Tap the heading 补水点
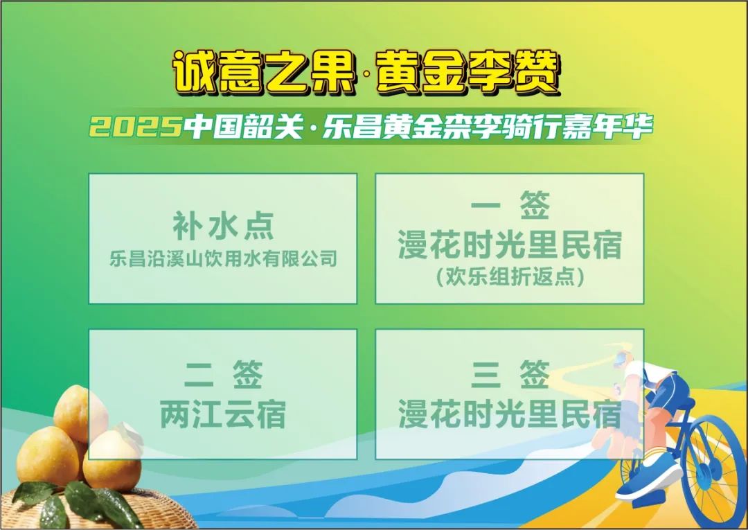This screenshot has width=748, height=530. click(223, 224)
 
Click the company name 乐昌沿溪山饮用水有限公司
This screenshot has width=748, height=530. click(223, 259)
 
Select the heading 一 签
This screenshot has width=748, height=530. click(510, 206)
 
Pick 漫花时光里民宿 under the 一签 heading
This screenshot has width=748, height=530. click(510, 245)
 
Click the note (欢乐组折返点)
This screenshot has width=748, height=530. click(510, 278)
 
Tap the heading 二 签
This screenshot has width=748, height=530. click(223, 376)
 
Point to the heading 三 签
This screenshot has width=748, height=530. click(510, 376)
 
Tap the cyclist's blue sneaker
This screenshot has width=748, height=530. click(648, 479)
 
